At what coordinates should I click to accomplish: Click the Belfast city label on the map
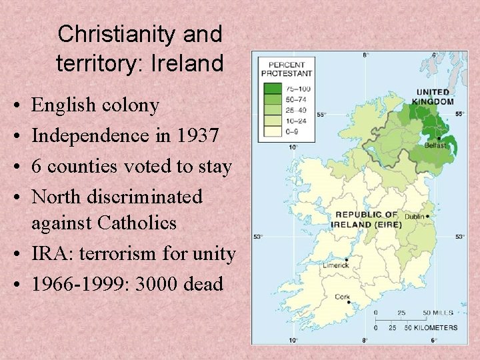(x=435, y=145)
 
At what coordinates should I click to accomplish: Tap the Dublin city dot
(x=427, y=217)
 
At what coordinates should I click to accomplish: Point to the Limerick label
(x=337, y=265)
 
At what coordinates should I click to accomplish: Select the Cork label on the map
(x=343, y=297)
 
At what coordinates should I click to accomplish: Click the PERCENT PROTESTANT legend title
(x=287, y=69)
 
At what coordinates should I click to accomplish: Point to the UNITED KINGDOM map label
(x=434, y=97)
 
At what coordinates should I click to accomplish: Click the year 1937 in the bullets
(x=197, y=135)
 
